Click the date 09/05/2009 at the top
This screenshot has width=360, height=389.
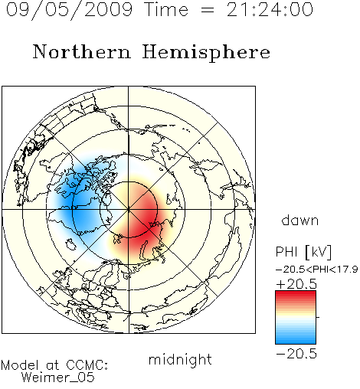(x=69, y=9)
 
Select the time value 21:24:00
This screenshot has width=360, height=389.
(x=270, y=9)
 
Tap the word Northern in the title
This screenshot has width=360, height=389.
(x=82, y=52)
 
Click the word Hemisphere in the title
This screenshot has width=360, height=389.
(x=206, y=53)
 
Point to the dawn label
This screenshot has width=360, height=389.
(x=300, y=220)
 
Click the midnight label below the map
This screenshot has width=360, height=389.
(x=180, y=359)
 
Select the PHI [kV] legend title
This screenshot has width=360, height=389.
(x=303, y=252)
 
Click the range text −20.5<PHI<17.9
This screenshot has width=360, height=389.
(x=316, y=270)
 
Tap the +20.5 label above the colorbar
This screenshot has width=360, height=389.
(x=296, y=284)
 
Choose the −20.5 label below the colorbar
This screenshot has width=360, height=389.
(x=296, y=354)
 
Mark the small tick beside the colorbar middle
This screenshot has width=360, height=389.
(x=318, y=317)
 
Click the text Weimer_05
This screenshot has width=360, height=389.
(x=58, y=377)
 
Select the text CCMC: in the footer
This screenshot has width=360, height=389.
(x=87, y=365)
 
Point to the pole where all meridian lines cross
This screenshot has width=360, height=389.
(x=129, y=209)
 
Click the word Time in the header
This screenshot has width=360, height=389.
(x=166, y=9)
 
